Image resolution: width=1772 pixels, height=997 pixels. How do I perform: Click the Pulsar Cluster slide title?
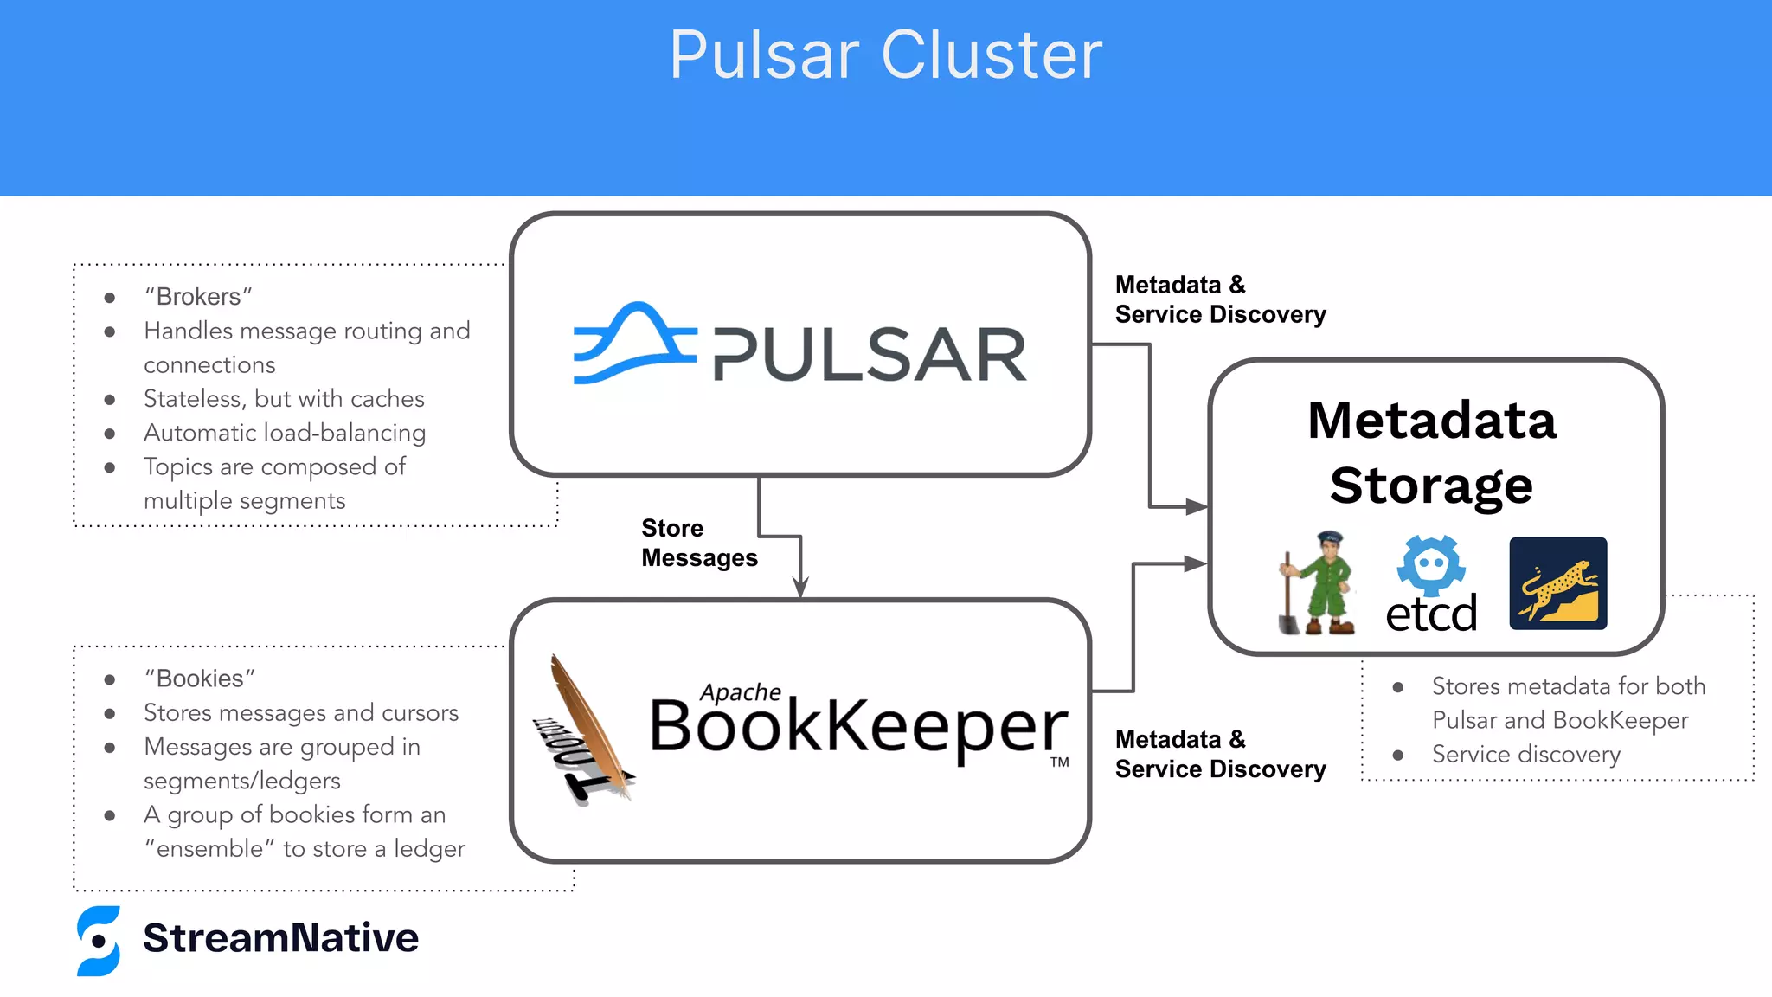point(886,55)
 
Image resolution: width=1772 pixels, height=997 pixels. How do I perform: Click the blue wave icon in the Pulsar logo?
point(634,343)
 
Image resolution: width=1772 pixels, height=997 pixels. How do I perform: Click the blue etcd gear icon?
point(1431,564)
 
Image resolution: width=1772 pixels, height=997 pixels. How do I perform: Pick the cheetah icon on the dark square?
point(1558,583)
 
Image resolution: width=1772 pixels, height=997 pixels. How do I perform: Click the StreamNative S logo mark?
point(99,941)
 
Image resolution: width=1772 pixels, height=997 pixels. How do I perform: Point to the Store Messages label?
point(699,543)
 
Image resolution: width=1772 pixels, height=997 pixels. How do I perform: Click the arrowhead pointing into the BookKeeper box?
point(801,588)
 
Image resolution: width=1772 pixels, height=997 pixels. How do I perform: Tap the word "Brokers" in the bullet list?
point(198,297)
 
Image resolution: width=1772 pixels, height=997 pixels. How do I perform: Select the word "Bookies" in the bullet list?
point(200,679)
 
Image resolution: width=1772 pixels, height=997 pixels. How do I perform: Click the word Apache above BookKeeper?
point(741,692)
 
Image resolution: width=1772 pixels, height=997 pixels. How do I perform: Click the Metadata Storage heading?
point(1432,453)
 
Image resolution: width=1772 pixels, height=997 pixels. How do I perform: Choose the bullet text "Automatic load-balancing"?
point(285,433)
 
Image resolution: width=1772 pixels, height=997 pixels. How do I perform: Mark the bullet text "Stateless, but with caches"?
point(284,399)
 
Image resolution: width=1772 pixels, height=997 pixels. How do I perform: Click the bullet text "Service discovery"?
point(1526,755)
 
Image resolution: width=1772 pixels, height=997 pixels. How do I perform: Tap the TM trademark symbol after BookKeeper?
point(1060,762)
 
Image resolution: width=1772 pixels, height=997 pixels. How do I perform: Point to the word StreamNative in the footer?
point(281,938)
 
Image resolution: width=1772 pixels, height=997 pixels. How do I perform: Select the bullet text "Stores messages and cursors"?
point(301,713)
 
